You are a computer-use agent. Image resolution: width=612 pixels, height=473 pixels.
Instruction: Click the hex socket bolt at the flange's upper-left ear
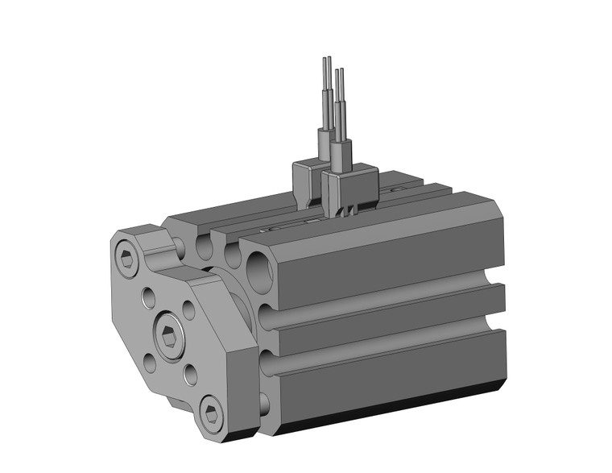point(127,260)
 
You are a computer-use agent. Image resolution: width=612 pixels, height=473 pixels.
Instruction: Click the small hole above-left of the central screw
point(149,299)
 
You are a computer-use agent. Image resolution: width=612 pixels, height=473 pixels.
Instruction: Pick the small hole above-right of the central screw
point(188,309)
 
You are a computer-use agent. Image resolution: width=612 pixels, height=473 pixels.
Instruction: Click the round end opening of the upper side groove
point(266,315)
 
